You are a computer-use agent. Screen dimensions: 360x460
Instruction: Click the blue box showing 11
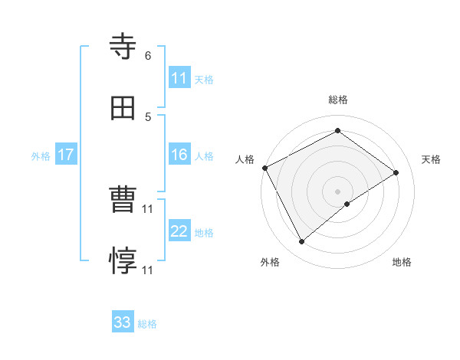179,78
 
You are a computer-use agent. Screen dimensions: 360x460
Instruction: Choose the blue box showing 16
179,155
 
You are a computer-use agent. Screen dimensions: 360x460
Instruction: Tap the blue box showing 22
179,231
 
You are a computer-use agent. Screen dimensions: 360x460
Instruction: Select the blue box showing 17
66,155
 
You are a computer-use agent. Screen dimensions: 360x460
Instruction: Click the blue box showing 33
123,322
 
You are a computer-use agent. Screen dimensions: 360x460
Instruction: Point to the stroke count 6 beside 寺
148,56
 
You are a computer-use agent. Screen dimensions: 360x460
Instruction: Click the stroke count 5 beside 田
148,116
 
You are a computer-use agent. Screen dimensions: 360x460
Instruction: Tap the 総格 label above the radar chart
338,100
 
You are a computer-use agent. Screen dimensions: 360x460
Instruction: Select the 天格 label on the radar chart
431,159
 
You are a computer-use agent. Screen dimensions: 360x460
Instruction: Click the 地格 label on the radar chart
402,263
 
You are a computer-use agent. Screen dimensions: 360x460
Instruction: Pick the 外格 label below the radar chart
270,263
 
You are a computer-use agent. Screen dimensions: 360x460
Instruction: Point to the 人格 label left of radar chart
245,159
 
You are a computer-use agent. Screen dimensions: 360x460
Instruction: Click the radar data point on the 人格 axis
264,168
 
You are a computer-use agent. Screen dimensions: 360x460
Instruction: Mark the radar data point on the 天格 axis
396,172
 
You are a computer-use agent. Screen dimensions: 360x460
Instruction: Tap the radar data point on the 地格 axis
347,204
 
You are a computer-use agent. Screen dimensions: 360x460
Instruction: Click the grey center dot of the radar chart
338,191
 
